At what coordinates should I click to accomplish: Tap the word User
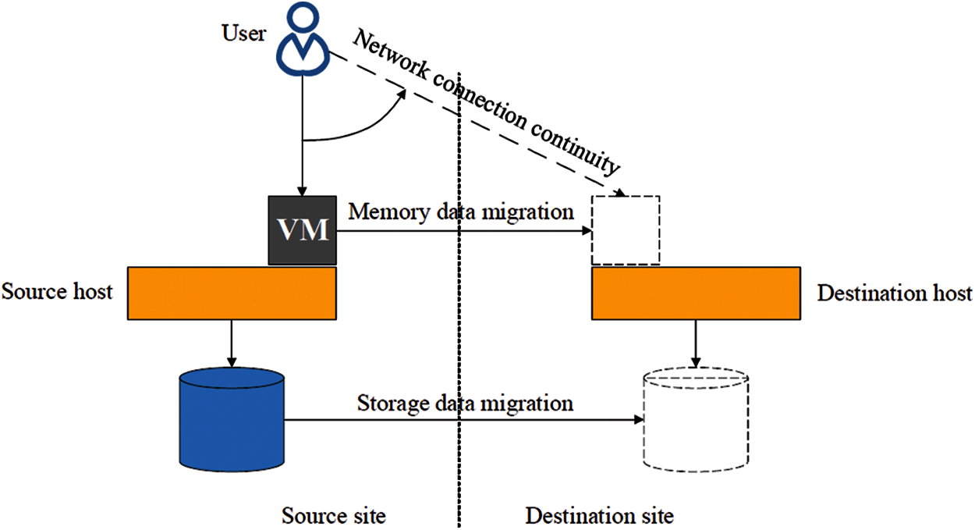243,34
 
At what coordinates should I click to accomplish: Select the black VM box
303,230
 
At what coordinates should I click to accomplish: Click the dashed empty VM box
626,230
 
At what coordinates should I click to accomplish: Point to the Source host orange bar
232,293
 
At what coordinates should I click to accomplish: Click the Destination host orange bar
695,293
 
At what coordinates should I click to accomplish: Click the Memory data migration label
461,211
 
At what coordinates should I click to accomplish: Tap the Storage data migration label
465,404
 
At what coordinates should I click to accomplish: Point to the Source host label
57,292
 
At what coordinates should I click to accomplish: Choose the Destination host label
894,293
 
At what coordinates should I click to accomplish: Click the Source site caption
334,516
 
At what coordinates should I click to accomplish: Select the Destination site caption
599,516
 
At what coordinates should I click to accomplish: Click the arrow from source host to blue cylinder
231,343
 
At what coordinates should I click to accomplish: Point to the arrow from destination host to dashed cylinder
695,343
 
